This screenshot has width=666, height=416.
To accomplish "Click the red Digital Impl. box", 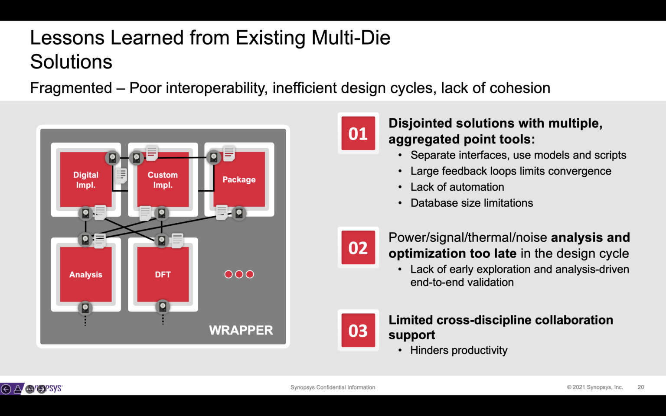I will click(85, 180).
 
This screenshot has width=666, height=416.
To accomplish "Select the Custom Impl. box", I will click(163, 180).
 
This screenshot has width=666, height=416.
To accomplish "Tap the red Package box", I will click(239, 179).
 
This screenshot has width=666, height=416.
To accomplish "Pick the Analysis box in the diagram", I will click(85, 274).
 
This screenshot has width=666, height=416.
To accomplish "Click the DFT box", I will click(163, 274).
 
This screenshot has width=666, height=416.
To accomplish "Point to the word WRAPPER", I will click(241, 330).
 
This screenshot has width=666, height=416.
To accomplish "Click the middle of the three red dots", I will click(239, 274).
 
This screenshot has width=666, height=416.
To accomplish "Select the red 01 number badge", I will click(358, 133).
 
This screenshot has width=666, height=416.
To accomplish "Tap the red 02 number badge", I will click(358, 248).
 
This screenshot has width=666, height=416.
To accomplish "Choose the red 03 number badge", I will click(358, 331).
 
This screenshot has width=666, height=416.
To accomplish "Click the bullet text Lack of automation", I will click(457, 187).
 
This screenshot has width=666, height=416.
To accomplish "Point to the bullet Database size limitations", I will click(471, 203).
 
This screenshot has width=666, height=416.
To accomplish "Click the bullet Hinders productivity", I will click(458, 350).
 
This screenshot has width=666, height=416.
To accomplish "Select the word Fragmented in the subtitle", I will click(71, 88).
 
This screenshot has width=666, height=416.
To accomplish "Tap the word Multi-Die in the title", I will click(350, 38).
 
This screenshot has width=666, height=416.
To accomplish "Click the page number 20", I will click(640, 387).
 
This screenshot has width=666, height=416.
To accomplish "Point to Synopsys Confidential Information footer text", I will click(333, 387).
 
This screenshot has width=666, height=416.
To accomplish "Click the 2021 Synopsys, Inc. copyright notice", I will click(594, 387).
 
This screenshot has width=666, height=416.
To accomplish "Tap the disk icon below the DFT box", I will click(163, 307).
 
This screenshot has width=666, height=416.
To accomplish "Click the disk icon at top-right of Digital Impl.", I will click(112, 158).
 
